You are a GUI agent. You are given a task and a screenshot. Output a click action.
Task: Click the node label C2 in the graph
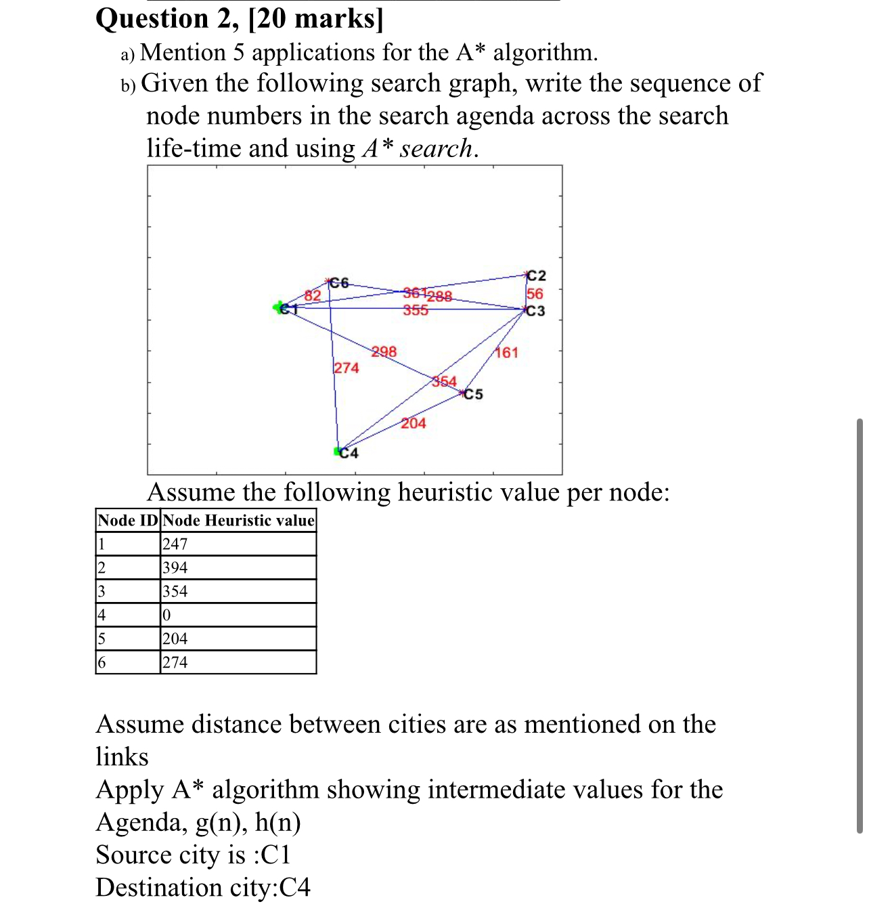click(537, 276)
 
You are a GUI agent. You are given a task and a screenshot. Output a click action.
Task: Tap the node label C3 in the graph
click(536, 311)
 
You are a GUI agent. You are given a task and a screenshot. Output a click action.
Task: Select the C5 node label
click(474, 394)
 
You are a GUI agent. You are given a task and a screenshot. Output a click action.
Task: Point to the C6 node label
click(339, 282)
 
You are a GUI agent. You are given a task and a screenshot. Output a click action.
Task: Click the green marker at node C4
click(338, 451)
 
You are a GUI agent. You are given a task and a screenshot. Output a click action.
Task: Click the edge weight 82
click(312, 295)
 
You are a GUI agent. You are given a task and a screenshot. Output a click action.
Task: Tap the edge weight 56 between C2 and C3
click(535, 293)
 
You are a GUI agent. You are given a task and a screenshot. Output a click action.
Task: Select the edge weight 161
click(507, 352)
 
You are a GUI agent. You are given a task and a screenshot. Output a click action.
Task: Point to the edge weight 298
click(384, 351)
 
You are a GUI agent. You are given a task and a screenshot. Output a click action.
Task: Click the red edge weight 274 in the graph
click(347, 368)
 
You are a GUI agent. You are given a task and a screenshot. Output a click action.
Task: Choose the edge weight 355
click(416, 310)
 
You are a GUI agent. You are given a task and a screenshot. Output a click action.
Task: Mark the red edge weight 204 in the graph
click(414, 423)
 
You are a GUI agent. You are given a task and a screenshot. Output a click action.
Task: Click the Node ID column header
click(128, 520)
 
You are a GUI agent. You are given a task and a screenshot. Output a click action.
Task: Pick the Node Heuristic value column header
click(238, 520)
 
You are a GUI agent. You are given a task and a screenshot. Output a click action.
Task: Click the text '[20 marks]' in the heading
click(316, 18)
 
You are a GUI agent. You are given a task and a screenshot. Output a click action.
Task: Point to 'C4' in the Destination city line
click(295, 887)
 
